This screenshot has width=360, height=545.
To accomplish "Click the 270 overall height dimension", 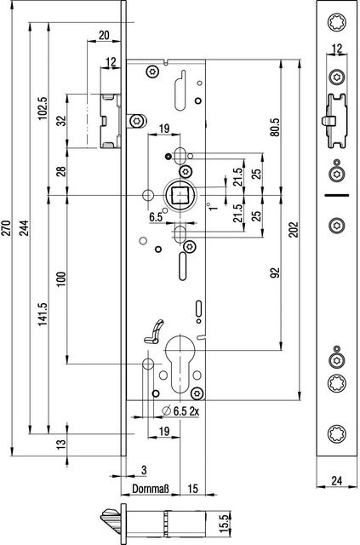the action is click(7, 227).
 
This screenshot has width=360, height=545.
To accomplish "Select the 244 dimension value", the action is click(24, 227).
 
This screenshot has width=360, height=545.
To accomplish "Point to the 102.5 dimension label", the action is click(43, 108).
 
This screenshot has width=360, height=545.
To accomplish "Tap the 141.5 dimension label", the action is click(43, 314).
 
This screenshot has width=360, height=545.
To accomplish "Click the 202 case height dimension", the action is click(294, 229).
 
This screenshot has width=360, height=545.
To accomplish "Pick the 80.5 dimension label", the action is click(275, 127).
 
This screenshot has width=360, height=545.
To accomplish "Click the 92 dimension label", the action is click(275, 273).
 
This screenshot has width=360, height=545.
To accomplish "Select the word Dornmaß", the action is click(151, 489).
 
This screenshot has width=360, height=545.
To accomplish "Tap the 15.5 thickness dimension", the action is click(225, 524).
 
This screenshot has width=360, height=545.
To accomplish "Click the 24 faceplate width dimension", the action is click(336, 480).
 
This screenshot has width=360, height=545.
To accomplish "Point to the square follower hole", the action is click(180, 195).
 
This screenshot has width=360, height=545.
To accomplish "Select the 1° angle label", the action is click(212, 206).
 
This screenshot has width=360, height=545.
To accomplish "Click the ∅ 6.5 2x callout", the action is click(181, 411).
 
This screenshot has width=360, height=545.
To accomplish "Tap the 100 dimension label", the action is click(61, 279).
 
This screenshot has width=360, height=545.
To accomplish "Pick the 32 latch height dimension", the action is click(61, 121).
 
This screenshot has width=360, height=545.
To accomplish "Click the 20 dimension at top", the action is click(104, 35).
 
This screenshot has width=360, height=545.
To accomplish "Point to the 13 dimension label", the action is click(61, 444).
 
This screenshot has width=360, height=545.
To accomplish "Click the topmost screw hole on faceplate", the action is click(337, 22).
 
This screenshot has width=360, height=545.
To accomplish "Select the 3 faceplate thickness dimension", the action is click(144, 470).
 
